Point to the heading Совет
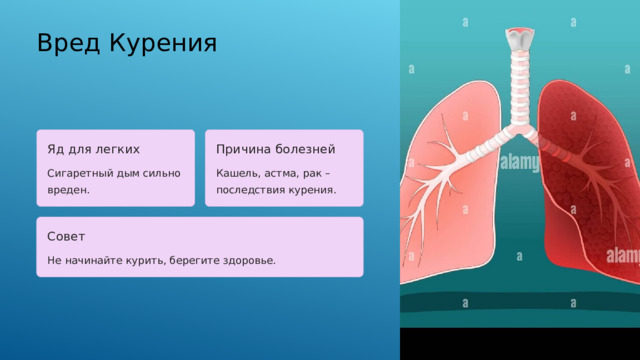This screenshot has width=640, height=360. pyautogui.click(x=66, y=237)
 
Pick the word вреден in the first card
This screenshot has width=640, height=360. pyautogui.click(x=68, y=189)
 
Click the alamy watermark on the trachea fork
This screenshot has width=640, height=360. pyautogui.click(x=519, y=161)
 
